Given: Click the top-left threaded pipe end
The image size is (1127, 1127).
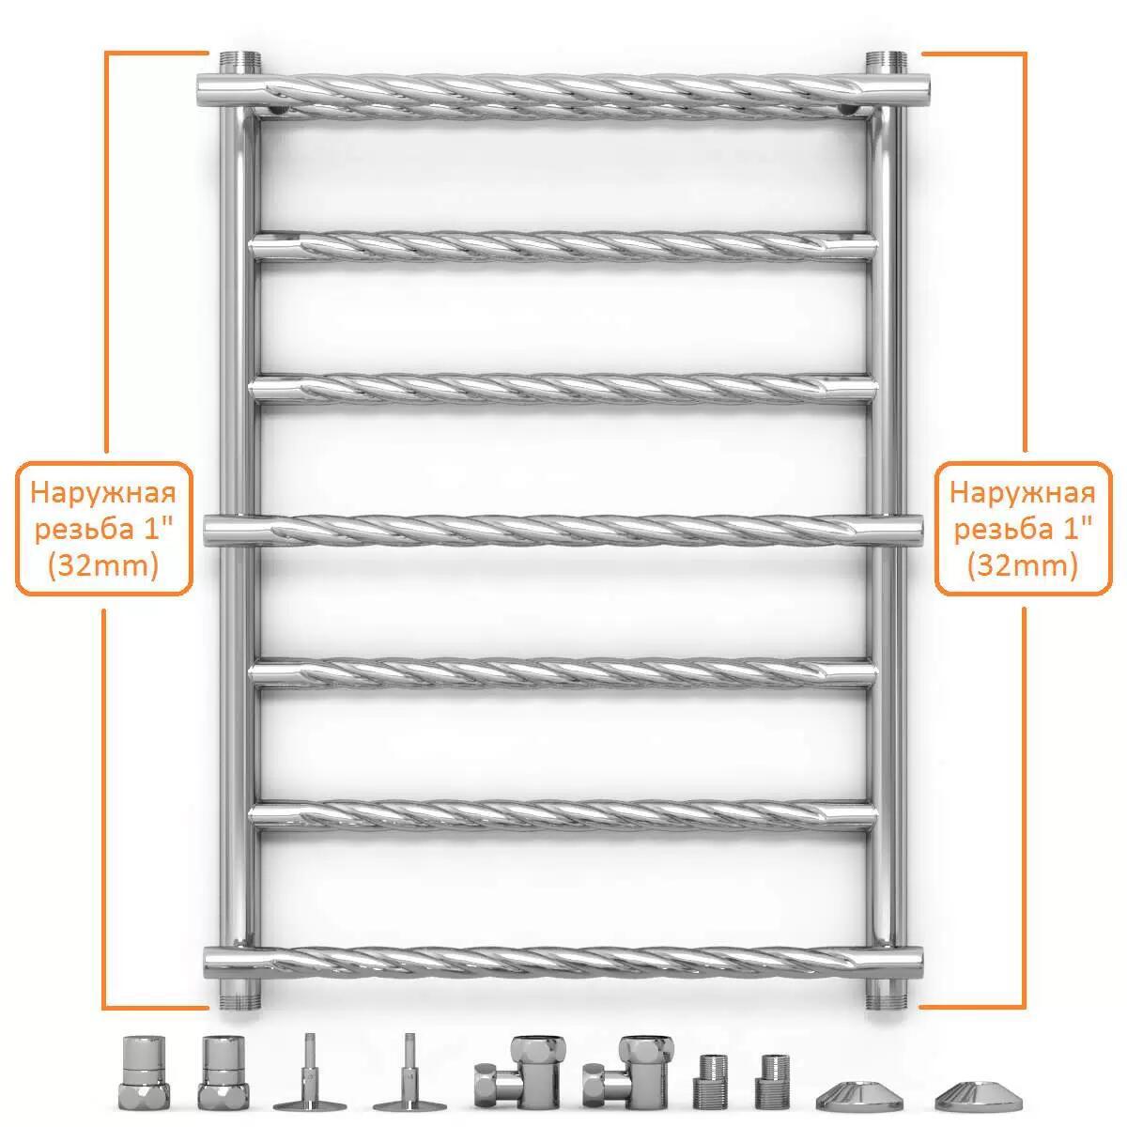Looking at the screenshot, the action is point(239,62).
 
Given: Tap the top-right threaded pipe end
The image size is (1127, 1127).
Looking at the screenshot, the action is point(886,62).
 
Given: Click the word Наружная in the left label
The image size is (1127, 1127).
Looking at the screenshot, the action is point(103,492).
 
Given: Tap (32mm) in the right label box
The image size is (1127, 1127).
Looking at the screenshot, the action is point(1023,565).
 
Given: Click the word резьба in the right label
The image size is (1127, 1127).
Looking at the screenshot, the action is point(997,530).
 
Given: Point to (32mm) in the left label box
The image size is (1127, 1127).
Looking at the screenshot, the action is point(103,565).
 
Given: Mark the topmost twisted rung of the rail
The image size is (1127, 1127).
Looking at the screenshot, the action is point(563,96).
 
